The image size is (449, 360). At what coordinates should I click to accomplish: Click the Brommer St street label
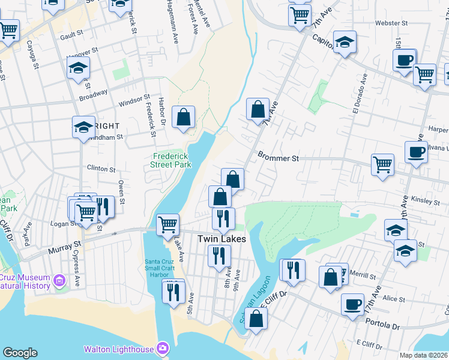point(278,157)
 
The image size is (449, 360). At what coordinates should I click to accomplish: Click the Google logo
point(20,353)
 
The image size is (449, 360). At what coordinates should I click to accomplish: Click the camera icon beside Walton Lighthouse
point(163,348)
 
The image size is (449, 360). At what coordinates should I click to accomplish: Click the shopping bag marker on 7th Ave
point(258,110)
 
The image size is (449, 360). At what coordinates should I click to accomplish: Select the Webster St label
point(391,23)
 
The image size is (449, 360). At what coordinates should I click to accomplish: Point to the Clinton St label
point(101,169)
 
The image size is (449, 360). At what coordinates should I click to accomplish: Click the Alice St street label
point(394,298)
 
